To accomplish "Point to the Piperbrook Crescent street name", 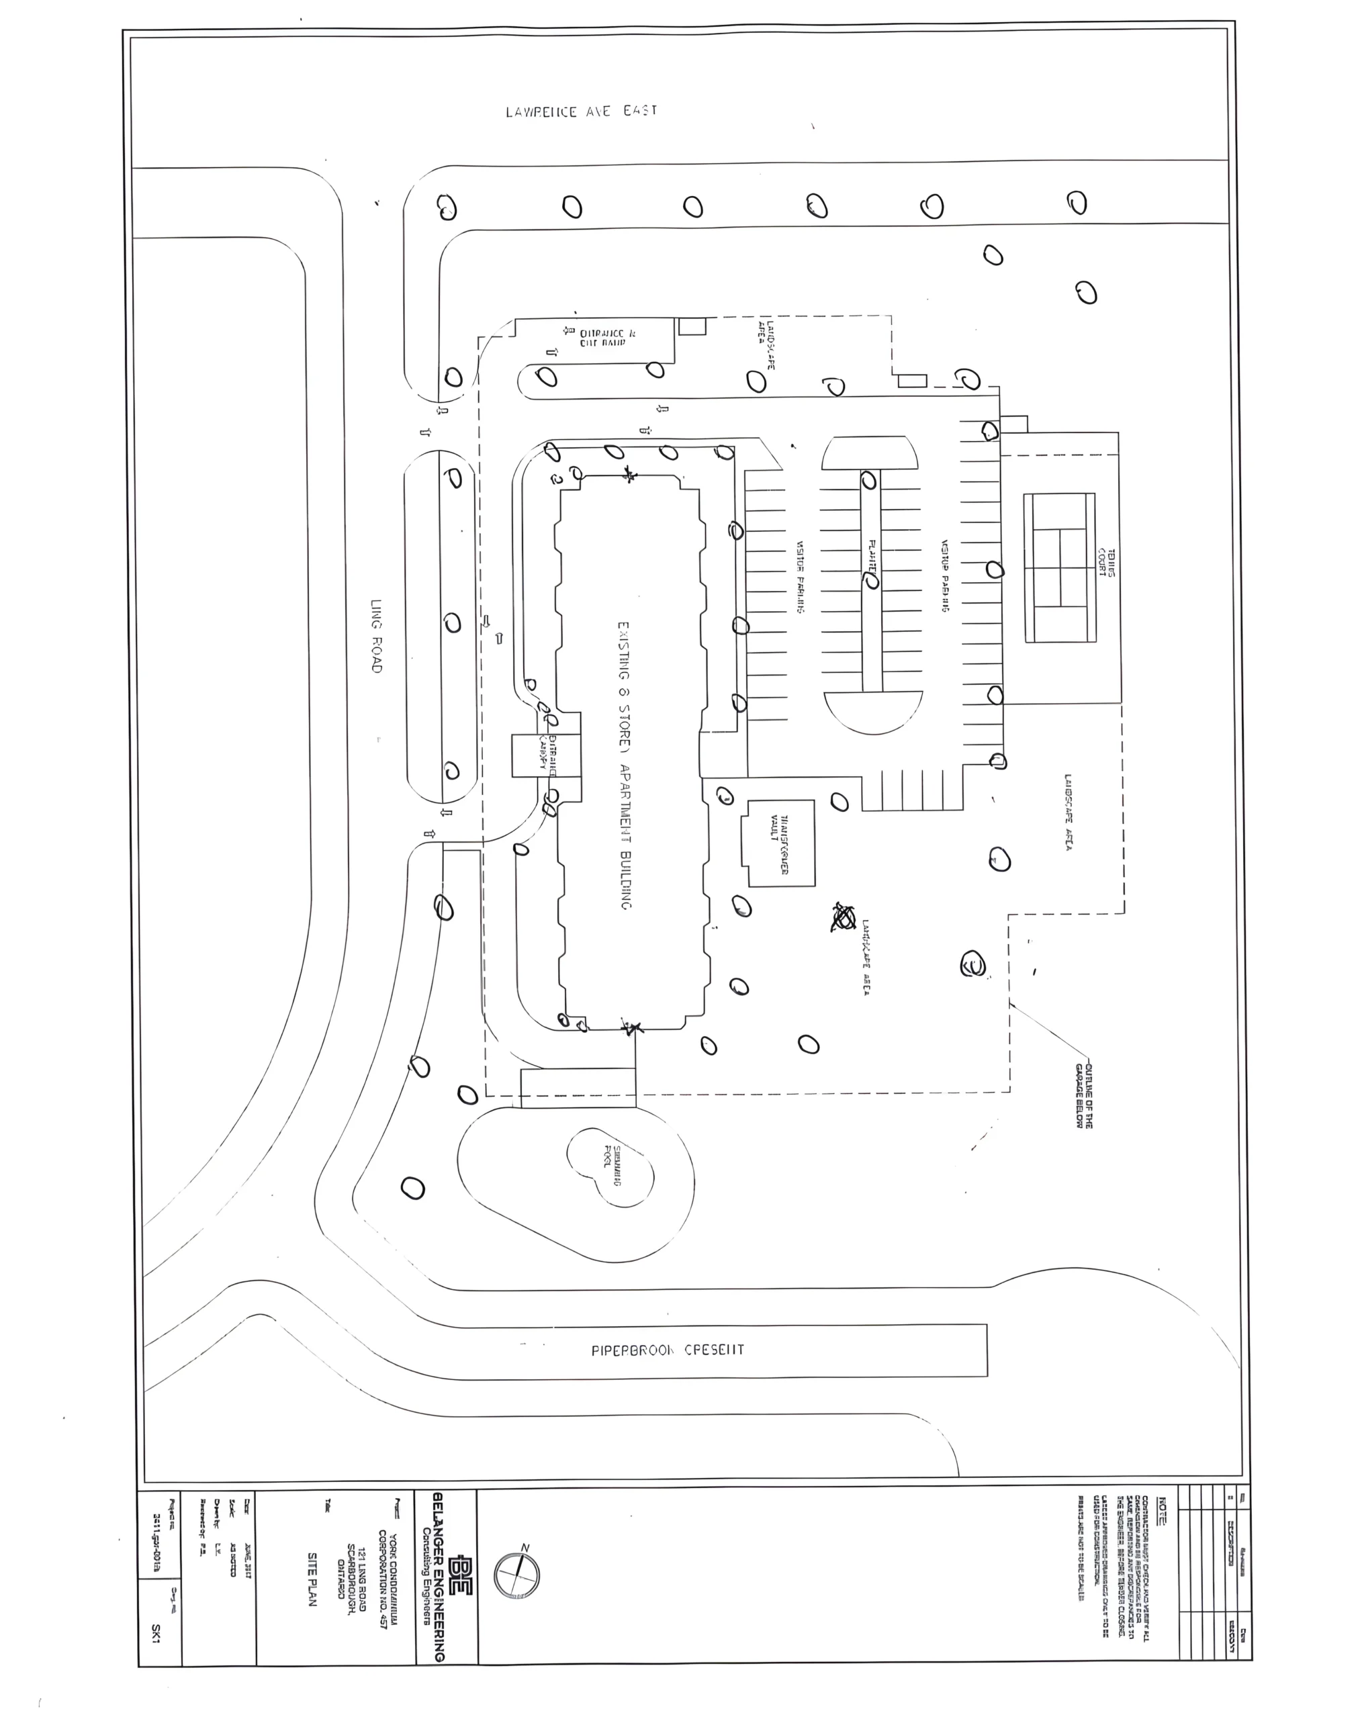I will [x=668, y=1350].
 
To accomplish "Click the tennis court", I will [x=1060, y=567].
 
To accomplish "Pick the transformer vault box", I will [x=780, y=843].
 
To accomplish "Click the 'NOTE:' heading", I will [x=1161, y=1512].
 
